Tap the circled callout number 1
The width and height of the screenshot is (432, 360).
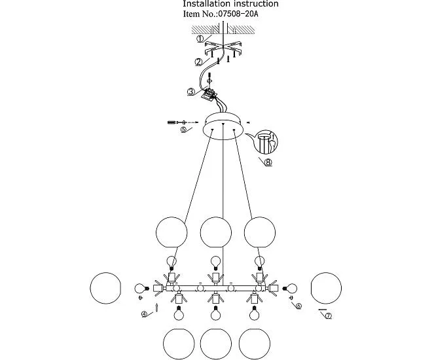pyautogui.click(x=200, y=38)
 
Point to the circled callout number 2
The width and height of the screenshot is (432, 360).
pyautogui.click(x=197, y=62)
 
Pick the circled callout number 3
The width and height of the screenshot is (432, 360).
pyautogui.click(x=190, y=92)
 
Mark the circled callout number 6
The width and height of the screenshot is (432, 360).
pyautogui.click(x=298, y=306)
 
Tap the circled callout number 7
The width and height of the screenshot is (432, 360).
pyautogui.click(x=328, y=316)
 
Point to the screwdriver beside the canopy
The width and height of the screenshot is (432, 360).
pyautogui.click(x=175, y=122)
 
